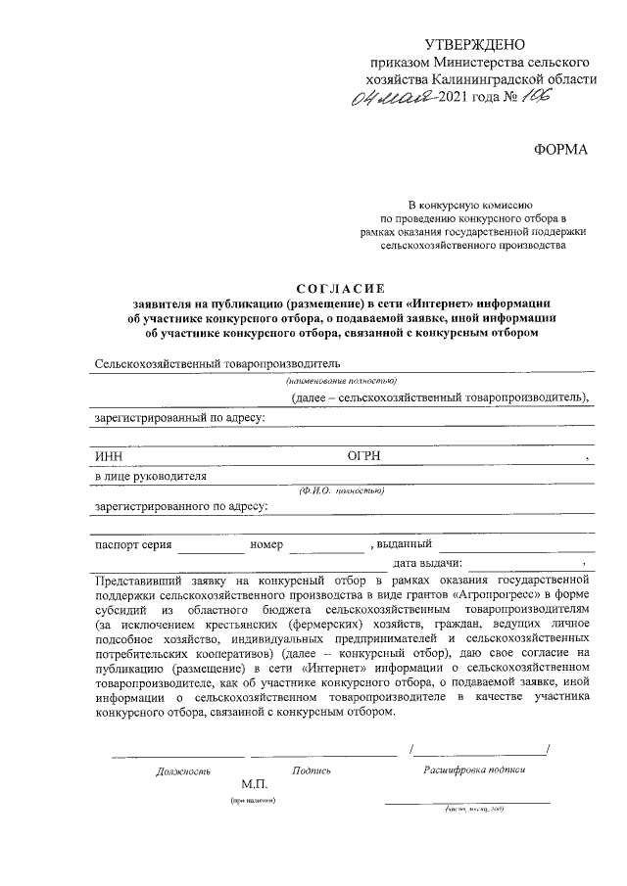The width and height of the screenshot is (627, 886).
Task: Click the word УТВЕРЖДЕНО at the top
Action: click(475, 45)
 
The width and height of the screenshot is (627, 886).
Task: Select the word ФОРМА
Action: click(561, 149)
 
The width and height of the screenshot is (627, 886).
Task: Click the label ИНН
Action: click(108, 456)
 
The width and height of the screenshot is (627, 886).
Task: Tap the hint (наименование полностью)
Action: click(341, 381)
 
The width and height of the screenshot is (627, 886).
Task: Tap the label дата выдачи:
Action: click(427, 564)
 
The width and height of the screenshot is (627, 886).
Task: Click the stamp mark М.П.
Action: click(256, 785)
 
